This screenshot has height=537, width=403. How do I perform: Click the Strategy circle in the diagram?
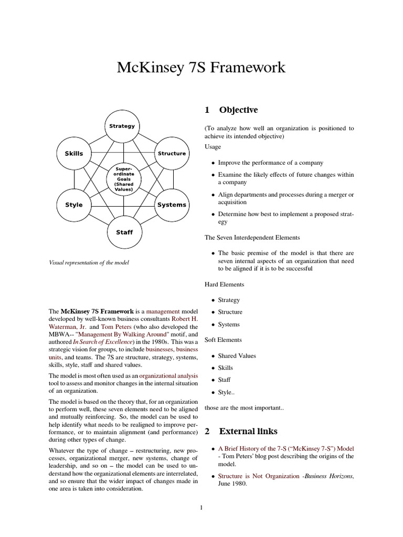click(x=122, y=126)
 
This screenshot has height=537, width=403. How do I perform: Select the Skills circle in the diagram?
click(x=74, y=153)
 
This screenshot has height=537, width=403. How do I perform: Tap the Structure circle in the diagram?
click(x=172, y=153)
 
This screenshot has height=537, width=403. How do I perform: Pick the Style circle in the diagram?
click(x=74, y=205)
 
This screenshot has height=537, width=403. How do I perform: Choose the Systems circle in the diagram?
click(x=172, y=205)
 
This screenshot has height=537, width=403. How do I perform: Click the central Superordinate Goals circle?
click(x=123, y=179)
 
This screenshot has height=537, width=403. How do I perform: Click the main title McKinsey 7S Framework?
click(x=201, y=68)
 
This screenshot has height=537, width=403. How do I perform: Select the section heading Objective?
click(x=238, y=110)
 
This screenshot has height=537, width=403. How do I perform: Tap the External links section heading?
click(x=249, y=432)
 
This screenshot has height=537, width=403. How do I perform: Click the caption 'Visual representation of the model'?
click(x=88, y=263)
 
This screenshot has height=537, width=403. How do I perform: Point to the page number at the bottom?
click(x=201, y=507)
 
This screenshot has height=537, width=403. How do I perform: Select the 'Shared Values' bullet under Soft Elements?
click(x=237, y=356)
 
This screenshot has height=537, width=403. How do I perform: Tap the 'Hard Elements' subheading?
click(x=224, y=284)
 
